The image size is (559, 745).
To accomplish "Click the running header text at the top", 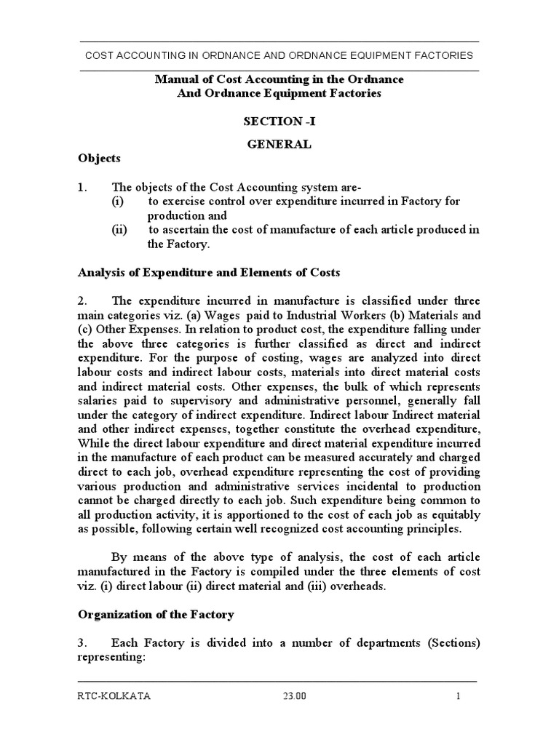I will (x=279, y=55).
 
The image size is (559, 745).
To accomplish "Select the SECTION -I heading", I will (x=279, y=121).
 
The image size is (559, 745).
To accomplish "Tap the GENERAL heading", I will (x=279, y=144).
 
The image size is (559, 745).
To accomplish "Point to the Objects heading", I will (x=100, y=158).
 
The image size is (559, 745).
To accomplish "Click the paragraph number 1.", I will (x=82, y=187).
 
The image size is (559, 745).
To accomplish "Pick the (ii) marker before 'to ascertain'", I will (x=119, y=230).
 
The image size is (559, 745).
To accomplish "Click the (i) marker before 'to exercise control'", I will (x=118, y=201).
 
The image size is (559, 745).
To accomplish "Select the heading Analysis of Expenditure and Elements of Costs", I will (x=209, y=273).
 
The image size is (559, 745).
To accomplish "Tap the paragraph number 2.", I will (x=82, y=300).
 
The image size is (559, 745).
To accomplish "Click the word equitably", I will (x=448, y=514).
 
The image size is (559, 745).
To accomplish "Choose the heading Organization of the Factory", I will (x=156, y=615).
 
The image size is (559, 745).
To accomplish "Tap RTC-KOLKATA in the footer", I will (x=114, y=696).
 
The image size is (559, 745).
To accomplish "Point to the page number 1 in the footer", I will (x=459, y=696).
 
